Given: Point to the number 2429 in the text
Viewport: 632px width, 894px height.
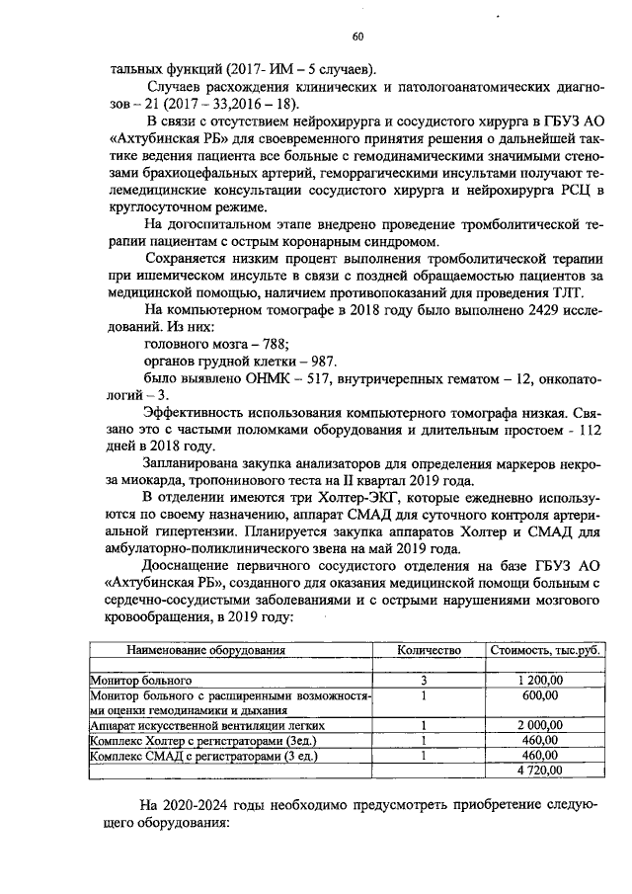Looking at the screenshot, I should coord(510,311).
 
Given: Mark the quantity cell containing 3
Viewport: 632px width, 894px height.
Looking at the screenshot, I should coord(423,681).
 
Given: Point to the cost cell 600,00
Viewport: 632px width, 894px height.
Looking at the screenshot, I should coord(542,694).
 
